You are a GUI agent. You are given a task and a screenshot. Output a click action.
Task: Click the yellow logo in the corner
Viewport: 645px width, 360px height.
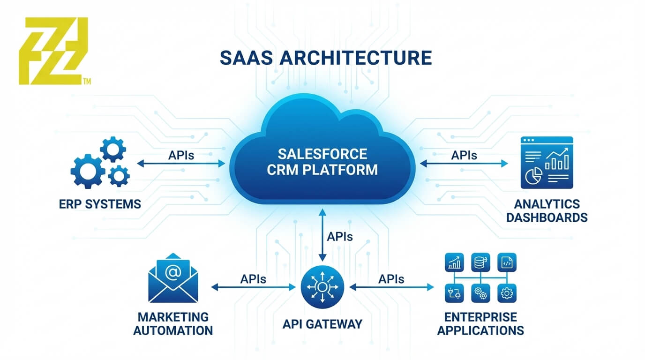[52, 51]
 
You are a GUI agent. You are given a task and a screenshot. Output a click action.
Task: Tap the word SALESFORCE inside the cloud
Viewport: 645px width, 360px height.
[322, 153]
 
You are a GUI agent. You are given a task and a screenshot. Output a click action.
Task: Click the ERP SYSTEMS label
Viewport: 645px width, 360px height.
[100, 204]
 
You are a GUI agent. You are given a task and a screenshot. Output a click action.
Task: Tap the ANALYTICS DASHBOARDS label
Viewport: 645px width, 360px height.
[547, 211]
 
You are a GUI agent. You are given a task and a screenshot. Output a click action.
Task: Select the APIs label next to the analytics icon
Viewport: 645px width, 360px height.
[464, 155]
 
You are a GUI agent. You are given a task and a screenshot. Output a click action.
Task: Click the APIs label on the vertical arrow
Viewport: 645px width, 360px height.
[339, 237]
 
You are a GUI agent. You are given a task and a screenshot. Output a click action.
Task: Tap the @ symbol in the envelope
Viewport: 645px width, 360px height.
[172, 272]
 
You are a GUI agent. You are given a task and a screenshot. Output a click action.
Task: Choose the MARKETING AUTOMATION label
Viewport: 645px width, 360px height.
[173, 323]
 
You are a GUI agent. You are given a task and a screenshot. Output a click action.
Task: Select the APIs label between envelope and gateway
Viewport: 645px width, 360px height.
[253, 279]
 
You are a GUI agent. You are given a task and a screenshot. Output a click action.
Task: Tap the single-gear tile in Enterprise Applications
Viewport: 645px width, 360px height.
[506, 293]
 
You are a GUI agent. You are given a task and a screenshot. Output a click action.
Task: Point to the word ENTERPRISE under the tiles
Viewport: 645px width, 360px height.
[480, 317]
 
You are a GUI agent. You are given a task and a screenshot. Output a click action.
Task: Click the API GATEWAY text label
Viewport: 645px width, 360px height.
[322, 324]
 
